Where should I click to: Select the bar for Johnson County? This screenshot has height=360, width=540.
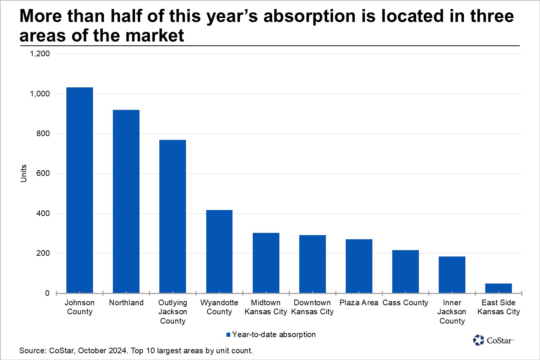(79, 190)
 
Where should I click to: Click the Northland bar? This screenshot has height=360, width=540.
(126, 202)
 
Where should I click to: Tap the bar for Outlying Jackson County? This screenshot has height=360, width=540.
(172, 216)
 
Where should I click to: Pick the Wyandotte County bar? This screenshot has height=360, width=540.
(219, 252)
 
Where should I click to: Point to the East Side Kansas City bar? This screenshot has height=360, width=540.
(498, 288)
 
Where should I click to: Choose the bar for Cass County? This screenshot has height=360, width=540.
(405, 272)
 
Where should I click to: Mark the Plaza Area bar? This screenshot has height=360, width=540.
(359, 266)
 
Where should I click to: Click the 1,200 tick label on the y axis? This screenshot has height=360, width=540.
(40, 54)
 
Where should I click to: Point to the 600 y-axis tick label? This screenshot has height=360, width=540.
(43, 173)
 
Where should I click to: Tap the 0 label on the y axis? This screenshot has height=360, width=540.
(47, 293)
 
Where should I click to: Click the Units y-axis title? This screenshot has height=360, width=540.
(23, 173)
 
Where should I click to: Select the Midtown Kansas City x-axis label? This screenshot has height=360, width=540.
(266, 307)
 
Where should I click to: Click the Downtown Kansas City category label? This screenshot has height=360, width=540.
(312, 307)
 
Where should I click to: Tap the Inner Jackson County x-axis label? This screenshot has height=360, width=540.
(452, 312)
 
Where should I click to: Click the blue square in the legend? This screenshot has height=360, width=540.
(228, 334)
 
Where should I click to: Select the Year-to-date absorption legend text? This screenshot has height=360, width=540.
(274, 334)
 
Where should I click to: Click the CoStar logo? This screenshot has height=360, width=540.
(493, 340)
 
